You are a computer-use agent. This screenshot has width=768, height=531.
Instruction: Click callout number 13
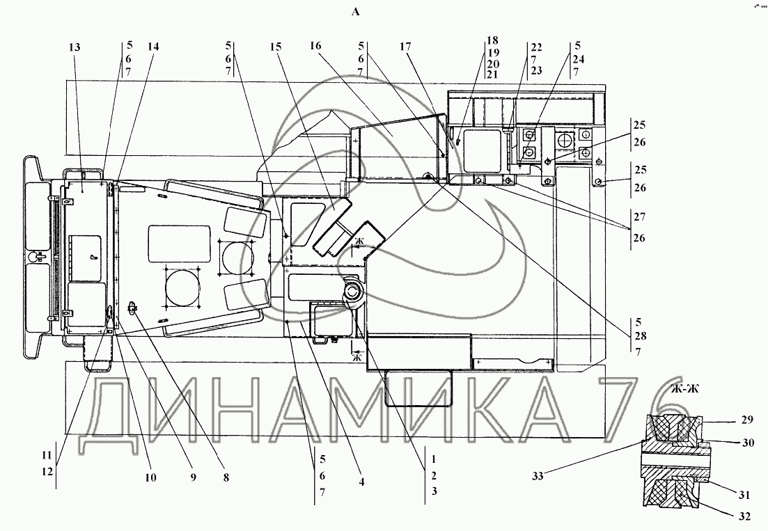[75, 47]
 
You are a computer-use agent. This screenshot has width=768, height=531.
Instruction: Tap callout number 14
[153, 47]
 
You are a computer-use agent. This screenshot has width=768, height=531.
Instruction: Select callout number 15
[276, 47]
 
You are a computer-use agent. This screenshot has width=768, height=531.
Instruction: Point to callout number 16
[315, 45]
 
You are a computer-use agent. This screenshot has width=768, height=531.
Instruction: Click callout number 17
[405, 47]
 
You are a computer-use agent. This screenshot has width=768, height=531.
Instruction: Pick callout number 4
[361, 482]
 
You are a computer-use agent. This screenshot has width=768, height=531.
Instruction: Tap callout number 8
[226, 477]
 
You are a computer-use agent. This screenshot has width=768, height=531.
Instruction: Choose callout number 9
[193, 477]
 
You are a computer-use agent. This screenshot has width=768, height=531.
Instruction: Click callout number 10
[150, 477]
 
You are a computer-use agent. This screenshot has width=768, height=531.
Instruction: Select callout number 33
[538, 475]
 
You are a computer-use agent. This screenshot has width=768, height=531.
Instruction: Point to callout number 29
[747, 420]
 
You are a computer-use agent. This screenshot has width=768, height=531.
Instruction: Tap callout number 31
[744, 496]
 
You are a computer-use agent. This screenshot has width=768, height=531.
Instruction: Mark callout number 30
[748, 443]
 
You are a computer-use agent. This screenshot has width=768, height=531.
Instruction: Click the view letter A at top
[356, 13]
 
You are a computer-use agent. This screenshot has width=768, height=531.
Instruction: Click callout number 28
[640, 337]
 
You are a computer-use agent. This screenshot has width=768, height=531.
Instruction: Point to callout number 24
[579, 59]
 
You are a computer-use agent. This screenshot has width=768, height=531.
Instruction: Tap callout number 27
[640, 216]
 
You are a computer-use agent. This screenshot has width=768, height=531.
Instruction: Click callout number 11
[47, 456]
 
